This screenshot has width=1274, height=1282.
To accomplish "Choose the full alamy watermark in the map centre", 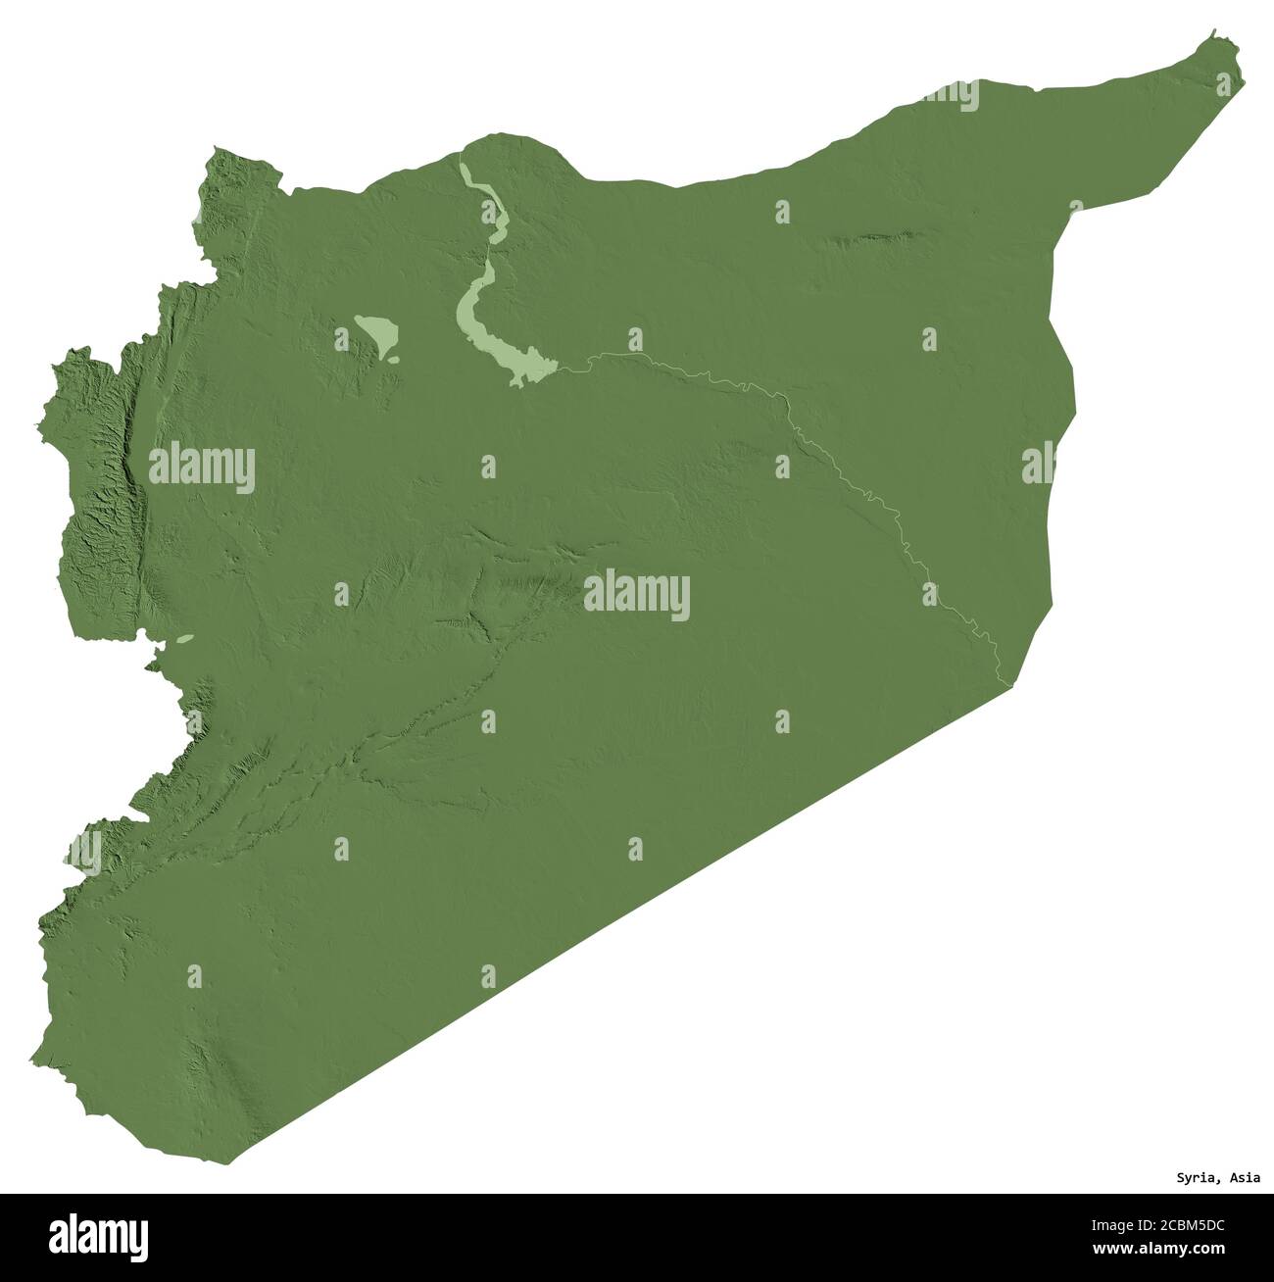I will pyautogui.click(x=637, y=595).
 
